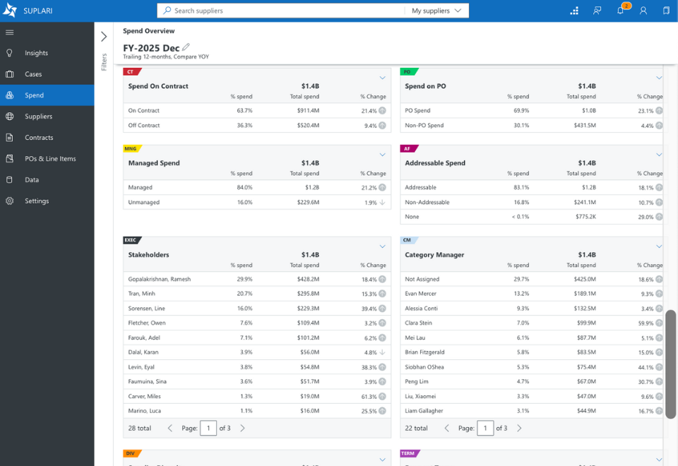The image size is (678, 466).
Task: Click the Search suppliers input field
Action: click(x=281, y=11)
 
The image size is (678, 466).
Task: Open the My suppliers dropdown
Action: click(x=436, y=11)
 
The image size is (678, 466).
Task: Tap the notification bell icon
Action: click(x=621, y=11)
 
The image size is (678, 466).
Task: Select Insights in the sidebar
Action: click(x=36, y=53)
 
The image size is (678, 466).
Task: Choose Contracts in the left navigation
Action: click(x=39, y=138)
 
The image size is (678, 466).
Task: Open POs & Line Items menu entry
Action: click(x=50, y=159)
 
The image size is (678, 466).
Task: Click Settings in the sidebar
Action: click(x=37, y=201)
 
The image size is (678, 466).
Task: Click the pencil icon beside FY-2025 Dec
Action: click(x=186, y=47)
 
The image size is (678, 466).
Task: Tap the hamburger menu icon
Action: click(x=9, y=32)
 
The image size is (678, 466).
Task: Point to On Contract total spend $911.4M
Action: click(x=308, y=111)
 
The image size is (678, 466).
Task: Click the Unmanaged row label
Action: click(x=143, y=203)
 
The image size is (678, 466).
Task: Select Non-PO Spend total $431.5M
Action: click(x=585, y=126)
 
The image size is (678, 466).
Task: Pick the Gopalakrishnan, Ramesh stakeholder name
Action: click(x=159, y=280)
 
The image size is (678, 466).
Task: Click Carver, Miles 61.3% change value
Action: click(x=369, y=397)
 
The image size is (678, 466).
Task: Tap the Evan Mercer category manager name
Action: click(x=420, y=294)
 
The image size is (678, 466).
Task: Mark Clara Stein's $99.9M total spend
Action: click(x=586, y=323)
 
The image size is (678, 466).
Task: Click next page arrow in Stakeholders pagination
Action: click(x=242, y=429)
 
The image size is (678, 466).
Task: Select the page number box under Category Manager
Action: click(x=485, y=429)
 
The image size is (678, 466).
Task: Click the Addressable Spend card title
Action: click(x=435, y=163)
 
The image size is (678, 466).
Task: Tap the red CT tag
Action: click(x=131, y=72)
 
